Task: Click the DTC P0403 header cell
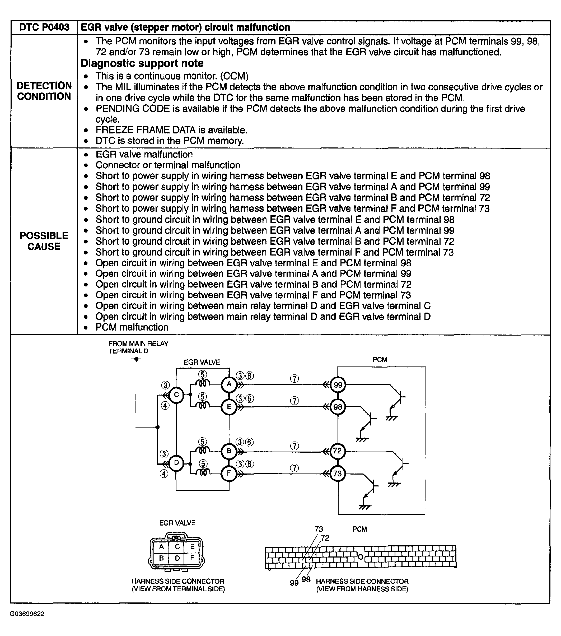click(44, 27)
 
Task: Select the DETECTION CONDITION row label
click(44, 91)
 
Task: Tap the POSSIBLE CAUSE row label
click(44, 241)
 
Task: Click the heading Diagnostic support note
click(142, 63)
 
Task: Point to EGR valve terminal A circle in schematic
click(229, 384)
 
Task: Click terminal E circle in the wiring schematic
click(229, 406)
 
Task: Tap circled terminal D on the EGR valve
click(176, 463)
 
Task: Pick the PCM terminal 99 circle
click(338, 385)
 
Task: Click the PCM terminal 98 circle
click(338, 407)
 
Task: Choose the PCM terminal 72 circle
click(338, 451)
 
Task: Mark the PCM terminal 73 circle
click(338, 473)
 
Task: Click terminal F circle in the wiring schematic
click(229, 473)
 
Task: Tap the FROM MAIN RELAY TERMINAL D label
click(138, 347)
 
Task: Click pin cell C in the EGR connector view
click(177, 547)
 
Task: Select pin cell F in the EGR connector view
click(192, 558)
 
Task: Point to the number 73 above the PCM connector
click(319, 529)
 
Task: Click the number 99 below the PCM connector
click(294, 583)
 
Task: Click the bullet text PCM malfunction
click(132, 327)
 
